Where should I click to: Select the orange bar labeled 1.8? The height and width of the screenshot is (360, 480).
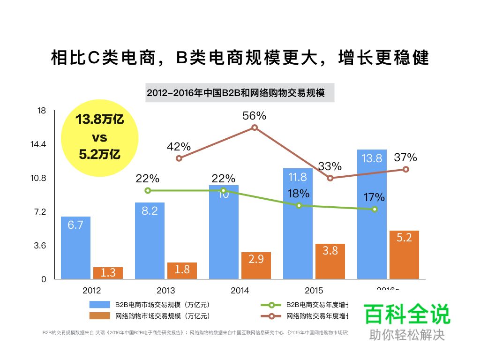pos(182,270)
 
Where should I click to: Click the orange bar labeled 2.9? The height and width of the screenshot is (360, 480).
pos(256,265)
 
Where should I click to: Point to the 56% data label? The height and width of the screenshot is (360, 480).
pos(254,116)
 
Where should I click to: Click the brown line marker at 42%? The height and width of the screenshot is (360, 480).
pos(179,158)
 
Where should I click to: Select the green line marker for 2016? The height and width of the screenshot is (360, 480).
pos(375,209)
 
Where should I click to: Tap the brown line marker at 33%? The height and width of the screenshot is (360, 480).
pos(330,178)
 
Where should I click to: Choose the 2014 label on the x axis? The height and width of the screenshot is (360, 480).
pos(240,291)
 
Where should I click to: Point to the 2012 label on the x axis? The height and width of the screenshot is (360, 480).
pos(91,291)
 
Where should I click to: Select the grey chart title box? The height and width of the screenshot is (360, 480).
pos(240,93)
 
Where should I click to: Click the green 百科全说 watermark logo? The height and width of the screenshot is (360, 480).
pos(406,315)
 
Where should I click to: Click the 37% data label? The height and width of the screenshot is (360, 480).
pos(405,157)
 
